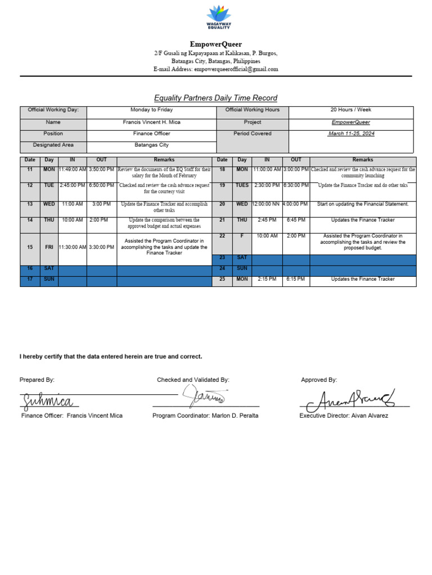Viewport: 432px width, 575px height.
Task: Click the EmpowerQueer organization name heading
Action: coord(215,44)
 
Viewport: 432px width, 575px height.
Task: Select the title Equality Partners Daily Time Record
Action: coord(216,98)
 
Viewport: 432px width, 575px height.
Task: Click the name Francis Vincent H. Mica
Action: coord(151,122)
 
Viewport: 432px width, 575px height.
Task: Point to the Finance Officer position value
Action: coord(151,134)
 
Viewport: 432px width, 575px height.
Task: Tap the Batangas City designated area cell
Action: coord(151,145)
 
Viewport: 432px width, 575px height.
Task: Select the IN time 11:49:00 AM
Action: coord(72,169)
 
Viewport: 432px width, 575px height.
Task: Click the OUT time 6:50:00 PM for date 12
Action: coord(102,185)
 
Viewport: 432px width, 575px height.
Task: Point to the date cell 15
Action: coord(30,247)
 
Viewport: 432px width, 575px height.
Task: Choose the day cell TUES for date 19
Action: coord(241,185)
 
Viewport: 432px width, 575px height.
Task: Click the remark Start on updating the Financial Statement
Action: coord(363,204)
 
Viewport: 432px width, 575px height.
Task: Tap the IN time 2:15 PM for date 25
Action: coord(267,279)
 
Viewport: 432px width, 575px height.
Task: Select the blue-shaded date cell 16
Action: coord(30,269)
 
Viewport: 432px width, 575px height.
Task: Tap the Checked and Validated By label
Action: coord(193,380)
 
